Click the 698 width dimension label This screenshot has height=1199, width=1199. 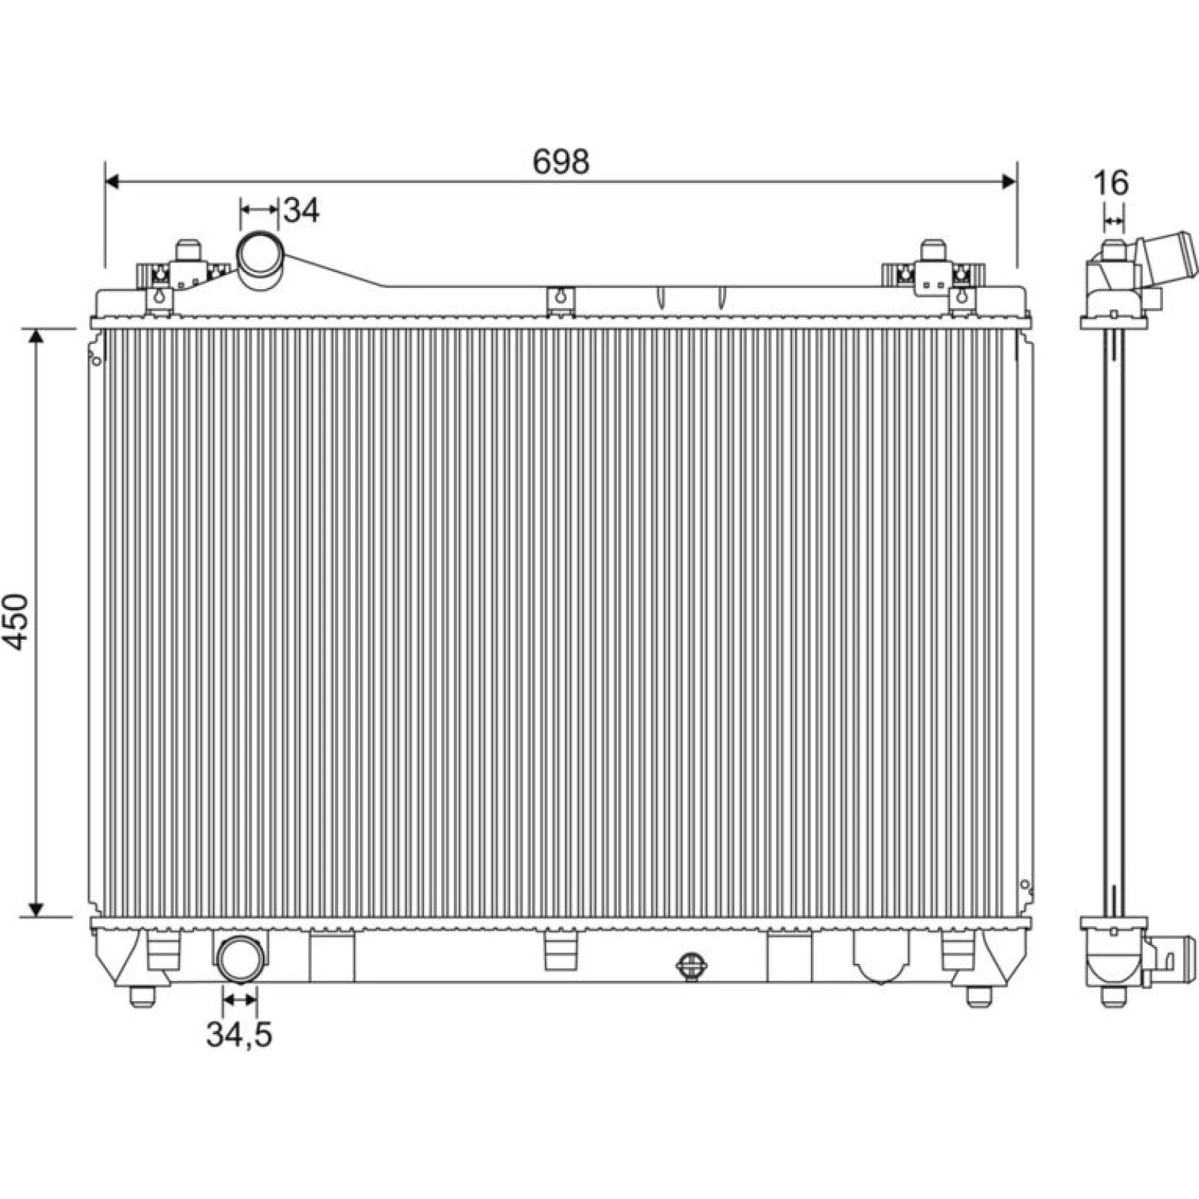click(561, 161)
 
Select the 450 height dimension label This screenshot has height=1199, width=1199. click(15, 621)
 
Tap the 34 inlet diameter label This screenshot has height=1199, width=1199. click(302, 211)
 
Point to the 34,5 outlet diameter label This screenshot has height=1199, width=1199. click(239, 1035)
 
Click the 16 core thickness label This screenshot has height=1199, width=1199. click(1111, 182)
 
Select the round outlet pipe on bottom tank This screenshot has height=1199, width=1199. click(241, 958)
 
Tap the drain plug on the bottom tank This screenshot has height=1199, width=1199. click(689, 966)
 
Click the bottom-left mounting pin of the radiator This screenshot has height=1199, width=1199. click(142, 996)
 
